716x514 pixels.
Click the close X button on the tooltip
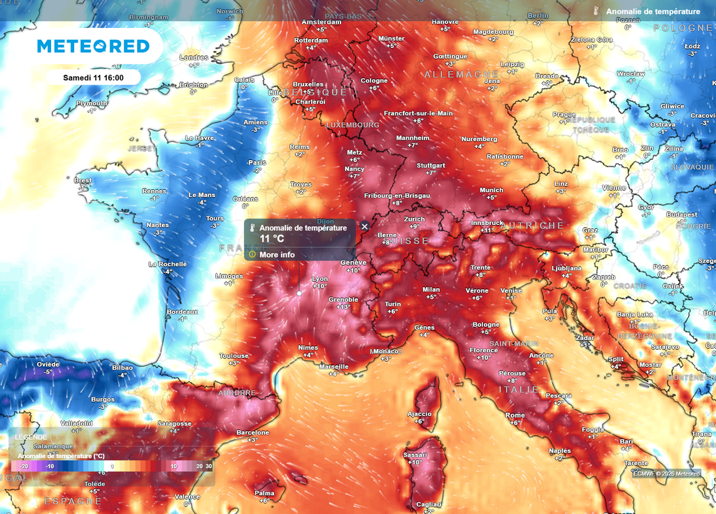click(364, 226)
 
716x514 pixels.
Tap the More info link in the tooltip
click(277, 254)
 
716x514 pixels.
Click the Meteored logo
click(93, 46)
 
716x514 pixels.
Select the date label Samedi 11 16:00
click(93, 77)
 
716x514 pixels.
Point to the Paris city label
click(258, 163)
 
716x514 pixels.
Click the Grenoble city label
click(343, 300)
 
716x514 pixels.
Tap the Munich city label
click(492, 190)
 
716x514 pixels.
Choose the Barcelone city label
click(253, 432)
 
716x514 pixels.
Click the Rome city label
click(515, 416)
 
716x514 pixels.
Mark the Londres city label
click(194, 57)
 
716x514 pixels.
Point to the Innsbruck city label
click(487, 222)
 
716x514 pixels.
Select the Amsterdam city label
click(321, 22)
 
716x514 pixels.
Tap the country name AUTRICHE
click(533, 226)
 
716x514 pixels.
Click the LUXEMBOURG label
click(352, 125)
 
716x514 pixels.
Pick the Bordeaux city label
click(183, 311)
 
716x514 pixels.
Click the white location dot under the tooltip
click(299, 293)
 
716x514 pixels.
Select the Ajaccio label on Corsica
click(419, 413)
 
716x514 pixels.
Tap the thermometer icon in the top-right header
click(596, 11)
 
